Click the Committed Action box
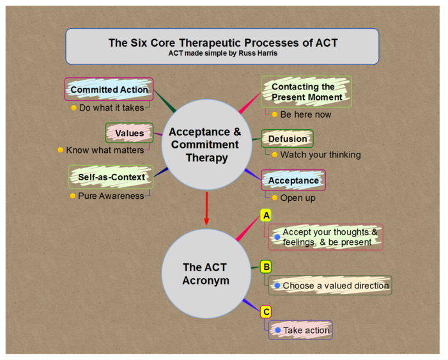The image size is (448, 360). click(109, 90)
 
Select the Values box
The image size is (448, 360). click(129, 133)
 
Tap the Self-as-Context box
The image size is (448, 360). click(111, 176)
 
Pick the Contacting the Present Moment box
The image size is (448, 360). click(306, 91)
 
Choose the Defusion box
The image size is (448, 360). click(288, 139)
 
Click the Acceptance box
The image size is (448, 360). click(293, 180)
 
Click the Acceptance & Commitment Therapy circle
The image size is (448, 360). click(205, 144)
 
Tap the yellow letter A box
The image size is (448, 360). click(266, 215)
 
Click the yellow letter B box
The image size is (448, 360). click(266, 267)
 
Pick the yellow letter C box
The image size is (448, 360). click(266, 312)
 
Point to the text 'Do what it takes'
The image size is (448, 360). click(111, 107)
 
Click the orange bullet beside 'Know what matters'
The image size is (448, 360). click(61, 150)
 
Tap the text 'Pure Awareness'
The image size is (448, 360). click(111, 196)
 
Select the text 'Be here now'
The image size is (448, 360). click(305, 114)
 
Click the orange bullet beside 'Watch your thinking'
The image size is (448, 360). click(274, 154)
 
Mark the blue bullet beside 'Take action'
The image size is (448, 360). click(277, 330)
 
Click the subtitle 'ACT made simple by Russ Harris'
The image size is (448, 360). click(222, 54)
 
